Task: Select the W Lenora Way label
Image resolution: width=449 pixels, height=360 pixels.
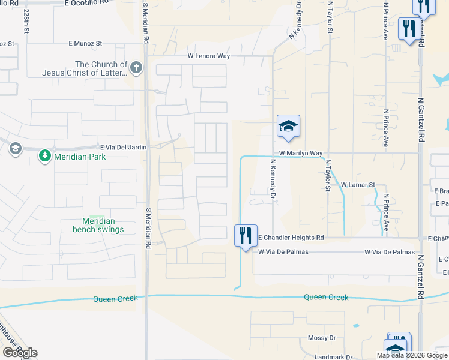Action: (208, 56)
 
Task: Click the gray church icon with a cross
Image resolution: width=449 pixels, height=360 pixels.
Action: (137, 67)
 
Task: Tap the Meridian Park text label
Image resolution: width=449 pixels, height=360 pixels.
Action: (80, 157)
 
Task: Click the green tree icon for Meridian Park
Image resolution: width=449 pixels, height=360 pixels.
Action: (45, 157)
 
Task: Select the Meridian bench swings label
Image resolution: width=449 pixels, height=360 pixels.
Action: (98, 225)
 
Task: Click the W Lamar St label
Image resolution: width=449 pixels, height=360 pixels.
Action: (358, 185)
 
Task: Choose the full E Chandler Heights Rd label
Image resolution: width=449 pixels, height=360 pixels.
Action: (291, 238)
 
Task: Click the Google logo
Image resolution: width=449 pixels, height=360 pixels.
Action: (20, 353)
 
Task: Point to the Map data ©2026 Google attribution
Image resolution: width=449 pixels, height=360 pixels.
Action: (411, 355)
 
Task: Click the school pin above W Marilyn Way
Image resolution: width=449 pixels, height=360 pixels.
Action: (288, 127)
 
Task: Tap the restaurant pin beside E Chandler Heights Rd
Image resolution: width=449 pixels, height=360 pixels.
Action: (246, 235)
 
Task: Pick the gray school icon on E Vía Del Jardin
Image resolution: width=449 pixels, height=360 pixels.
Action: (14, 148)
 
